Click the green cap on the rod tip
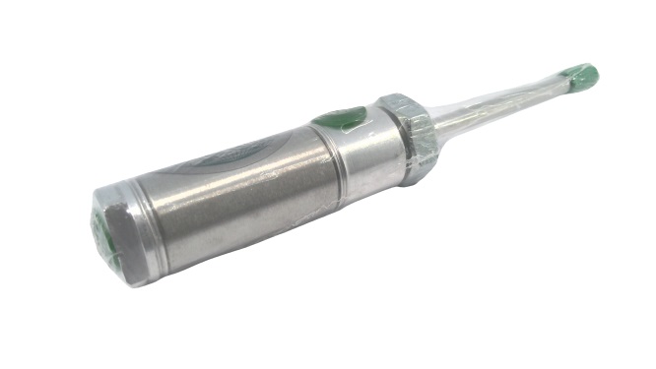tap(581, 75)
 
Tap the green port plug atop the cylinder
tap(340, 119)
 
